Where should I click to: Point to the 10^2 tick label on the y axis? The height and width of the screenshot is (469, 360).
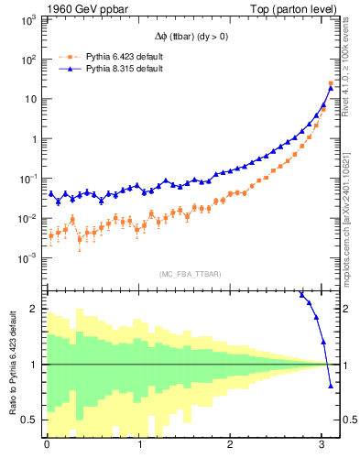tap(27, 59)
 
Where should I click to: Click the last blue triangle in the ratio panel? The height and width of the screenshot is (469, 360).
tap(331, 386)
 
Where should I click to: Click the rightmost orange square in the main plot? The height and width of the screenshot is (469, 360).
tap(331, 83)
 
